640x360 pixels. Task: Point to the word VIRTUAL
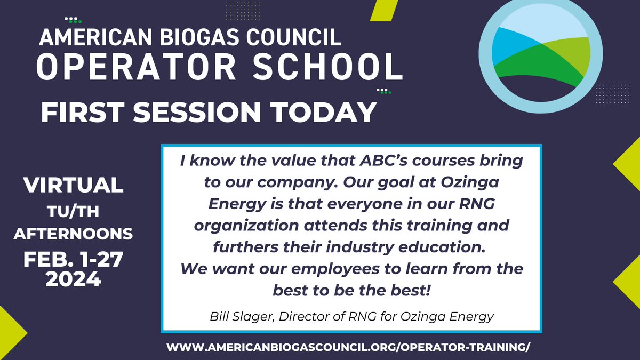[73, 185]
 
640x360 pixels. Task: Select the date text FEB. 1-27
[73, 261]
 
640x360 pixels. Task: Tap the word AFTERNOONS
[73, 233]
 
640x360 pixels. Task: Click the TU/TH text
[73, 213]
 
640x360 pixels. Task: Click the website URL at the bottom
[349, 346]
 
